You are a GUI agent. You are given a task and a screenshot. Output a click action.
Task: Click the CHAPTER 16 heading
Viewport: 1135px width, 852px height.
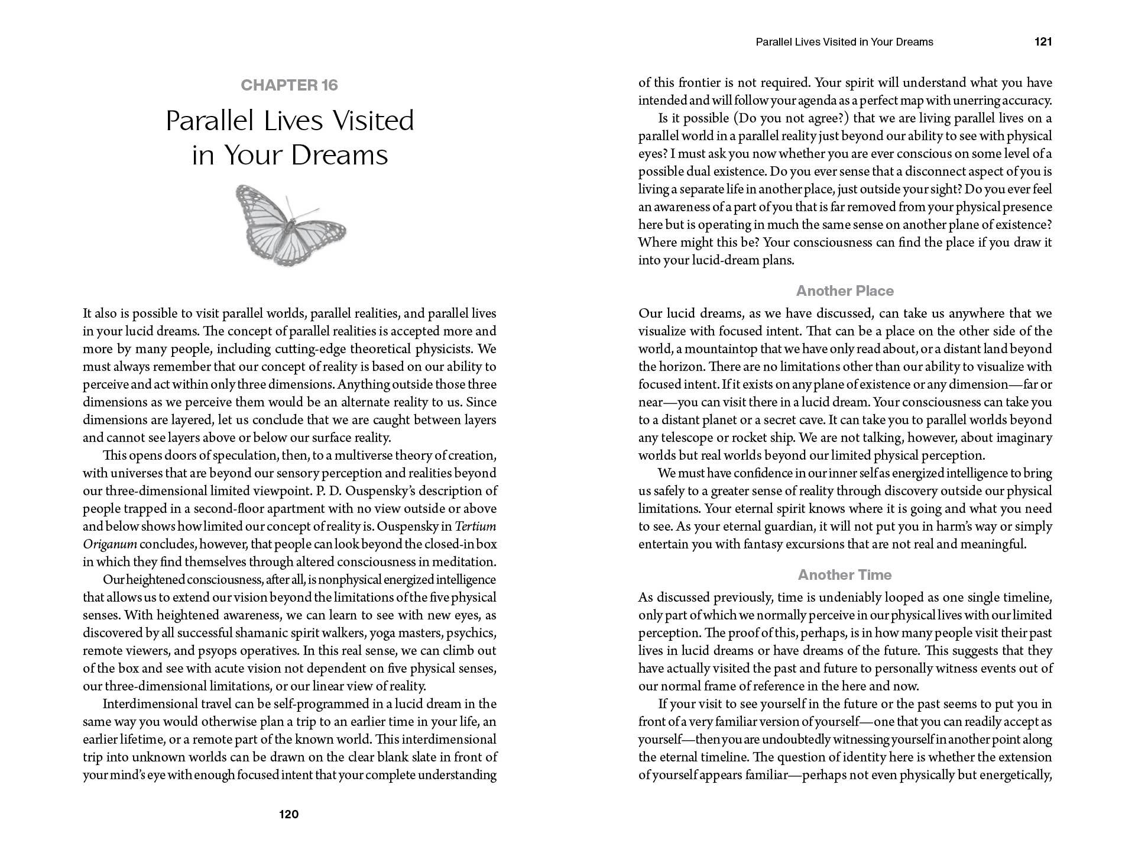(x=289, y=85)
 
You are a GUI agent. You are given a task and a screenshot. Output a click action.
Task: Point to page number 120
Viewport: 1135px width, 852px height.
(x=288, y=814)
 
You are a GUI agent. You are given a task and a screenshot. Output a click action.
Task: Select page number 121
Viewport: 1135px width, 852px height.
(x=1043, y=42)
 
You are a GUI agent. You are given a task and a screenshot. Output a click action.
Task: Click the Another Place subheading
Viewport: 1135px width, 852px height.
(x=845, y=291)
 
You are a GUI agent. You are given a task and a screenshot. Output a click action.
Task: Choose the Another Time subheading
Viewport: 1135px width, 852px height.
(x=845, y=575)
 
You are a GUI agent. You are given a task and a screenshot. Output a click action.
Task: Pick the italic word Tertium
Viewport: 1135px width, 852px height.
(x=476, y=527)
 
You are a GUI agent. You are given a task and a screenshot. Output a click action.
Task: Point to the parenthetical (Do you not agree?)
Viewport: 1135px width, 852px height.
(x=791, y=118)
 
